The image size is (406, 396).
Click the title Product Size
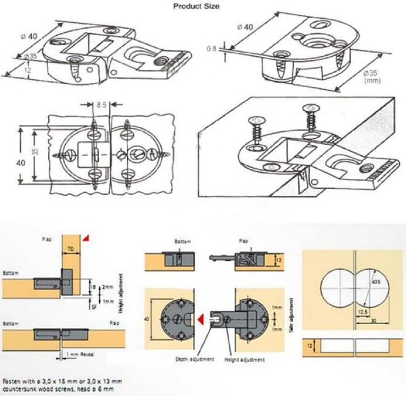[196, 6]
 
